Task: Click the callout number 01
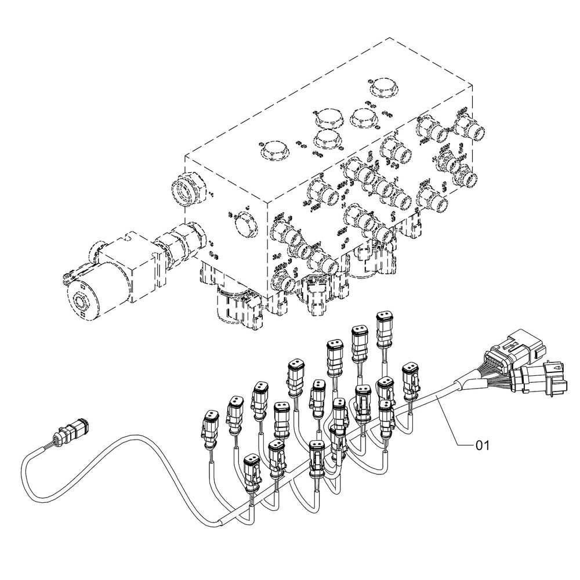point(483,445)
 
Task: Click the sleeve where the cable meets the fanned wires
point(469,383)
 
